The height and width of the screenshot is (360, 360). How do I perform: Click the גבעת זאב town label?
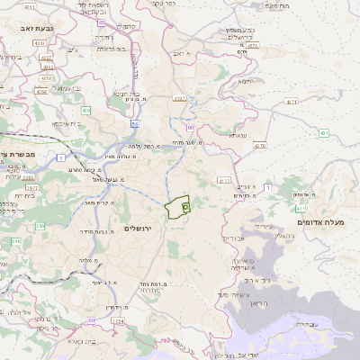pyautogui.click(x=35, y=30)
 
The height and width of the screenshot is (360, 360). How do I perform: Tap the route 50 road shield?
pyautogui.click(x=134, y=124)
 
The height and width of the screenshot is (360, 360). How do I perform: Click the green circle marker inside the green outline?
pyautogui.click(x=185, y=207)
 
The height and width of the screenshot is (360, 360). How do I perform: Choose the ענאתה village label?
pyautogui.click(x=238, y=135)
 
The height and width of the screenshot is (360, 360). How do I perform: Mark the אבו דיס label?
pyautogui.click(x=232, y=238)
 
